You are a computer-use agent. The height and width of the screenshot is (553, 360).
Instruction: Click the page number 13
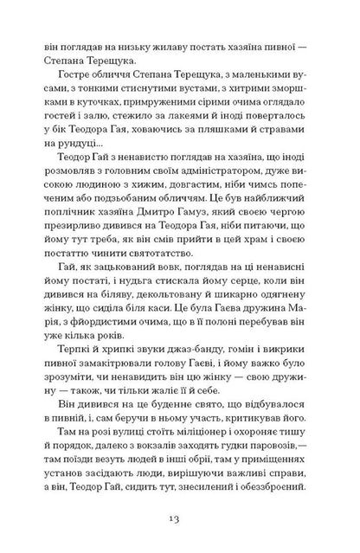click(180, 517)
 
